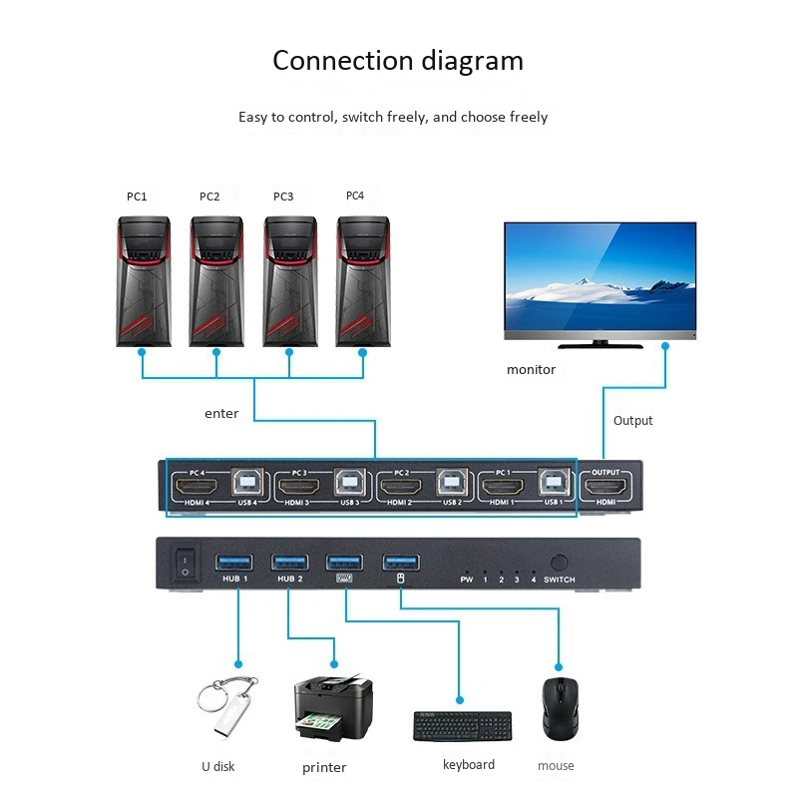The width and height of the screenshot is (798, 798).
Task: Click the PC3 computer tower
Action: point(290,281)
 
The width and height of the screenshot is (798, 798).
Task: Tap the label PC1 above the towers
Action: point(137,197)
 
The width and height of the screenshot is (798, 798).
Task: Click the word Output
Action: point(632,421)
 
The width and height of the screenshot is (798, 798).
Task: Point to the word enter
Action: point(221,413)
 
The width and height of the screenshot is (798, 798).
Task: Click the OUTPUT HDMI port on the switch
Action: point(605,490)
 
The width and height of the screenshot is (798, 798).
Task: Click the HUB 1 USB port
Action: point(235,563)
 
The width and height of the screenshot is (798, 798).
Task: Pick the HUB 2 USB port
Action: point(289,563)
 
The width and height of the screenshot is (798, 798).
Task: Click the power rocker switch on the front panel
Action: point(183,564)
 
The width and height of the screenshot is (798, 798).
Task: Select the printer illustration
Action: point(333,710)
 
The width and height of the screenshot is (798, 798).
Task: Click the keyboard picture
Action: point(463,726)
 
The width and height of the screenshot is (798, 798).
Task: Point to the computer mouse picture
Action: point(560,708)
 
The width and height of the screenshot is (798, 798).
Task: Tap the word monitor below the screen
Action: point(531,370)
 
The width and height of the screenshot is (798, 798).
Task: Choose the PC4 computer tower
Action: point(363,281)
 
